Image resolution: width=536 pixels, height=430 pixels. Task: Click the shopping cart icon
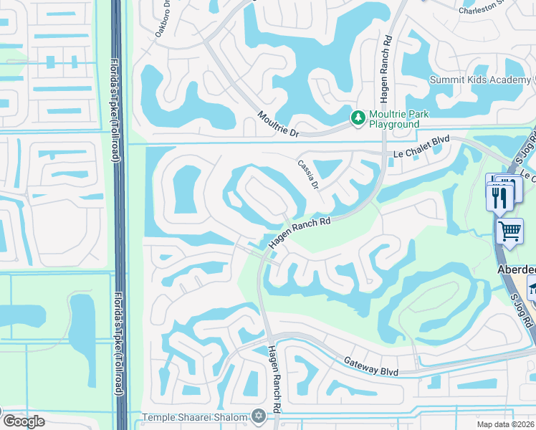point(509,231)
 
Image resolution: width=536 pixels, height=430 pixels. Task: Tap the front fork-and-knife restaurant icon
point(499,196)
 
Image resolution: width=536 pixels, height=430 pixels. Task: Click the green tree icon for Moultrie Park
point(356,117)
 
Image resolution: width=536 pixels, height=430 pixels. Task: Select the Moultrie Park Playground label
point(393,119)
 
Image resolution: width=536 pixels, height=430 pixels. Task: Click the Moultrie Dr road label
point(278,125)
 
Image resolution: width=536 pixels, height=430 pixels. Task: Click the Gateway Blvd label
point(370,366)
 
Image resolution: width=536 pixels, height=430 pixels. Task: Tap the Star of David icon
point(258,416)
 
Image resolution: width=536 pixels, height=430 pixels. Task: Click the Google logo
point(24,421)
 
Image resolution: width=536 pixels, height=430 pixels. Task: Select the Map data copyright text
point(506,424)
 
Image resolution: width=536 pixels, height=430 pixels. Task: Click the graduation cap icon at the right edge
point(532,289)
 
